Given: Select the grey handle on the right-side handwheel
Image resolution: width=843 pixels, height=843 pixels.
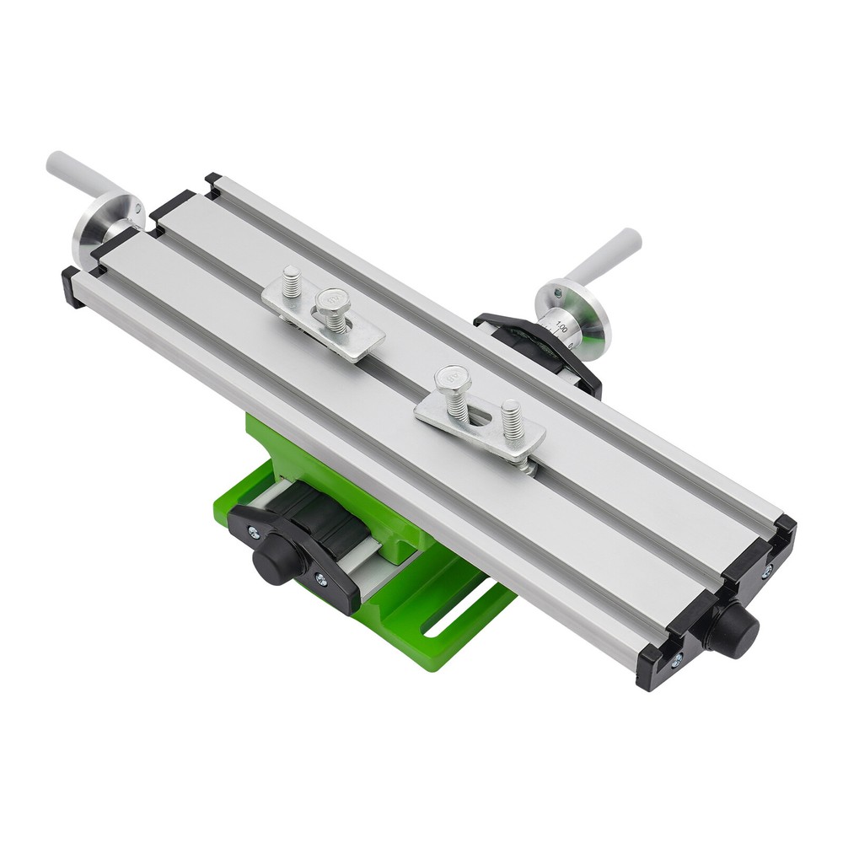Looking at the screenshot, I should coord(604,254).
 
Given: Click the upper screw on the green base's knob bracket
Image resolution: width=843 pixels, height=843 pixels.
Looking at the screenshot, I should coord(251,532).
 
